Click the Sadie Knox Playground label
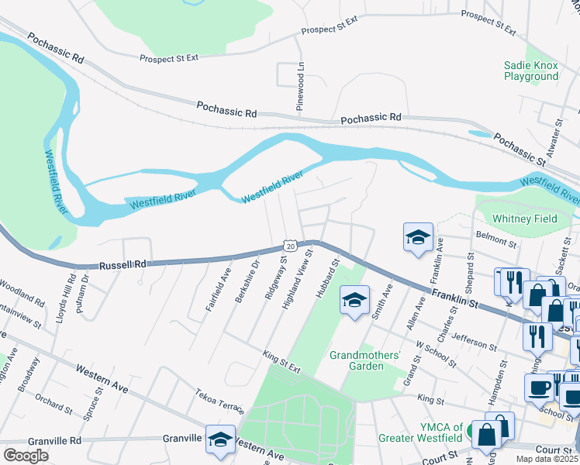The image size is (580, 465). pos(530,71)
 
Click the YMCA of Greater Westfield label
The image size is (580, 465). pos(420,432)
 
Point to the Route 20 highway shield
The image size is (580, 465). pos(288,245)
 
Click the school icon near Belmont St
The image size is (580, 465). pos(418,238)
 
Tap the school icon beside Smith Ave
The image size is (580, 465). pos(354,301)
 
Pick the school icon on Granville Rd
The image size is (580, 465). pos(220,440)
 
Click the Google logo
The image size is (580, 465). pos(26,455)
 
